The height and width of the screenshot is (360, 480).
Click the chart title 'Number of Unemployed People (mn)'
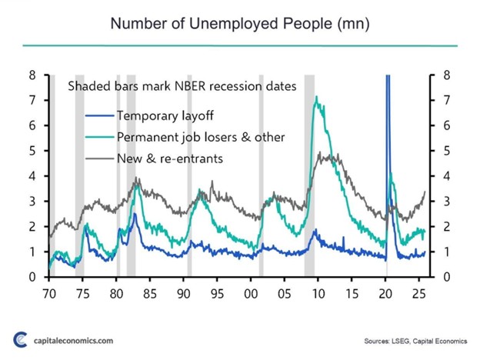coord(240,23)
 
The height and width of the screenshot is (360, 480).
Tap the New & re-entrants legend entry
coord(168,158)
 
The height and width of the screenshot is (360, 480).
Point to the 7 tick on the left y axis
coord(32,101)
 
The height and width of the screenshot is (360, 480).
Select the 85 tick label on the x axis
coord(149,293)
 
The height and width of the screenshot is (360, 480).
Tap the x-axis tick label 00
coord(251,293)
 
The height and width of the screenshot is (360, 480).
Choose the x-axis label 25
coord(419,293)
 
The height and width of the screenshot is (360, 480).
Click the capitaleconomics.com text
coord(73,339)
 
